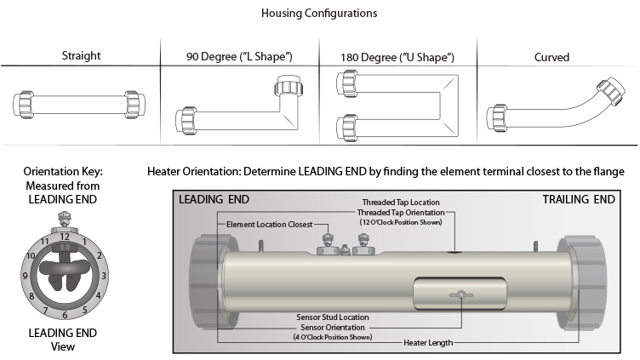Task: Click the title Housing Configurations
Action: click(320, 14)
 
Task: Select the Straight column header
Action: click(81, 57)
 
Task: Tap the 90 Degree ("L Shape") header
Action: click(239, 57)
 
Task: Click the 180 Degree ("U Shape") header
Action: click(398, 57)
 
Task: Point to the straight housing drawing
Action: click(80, 106)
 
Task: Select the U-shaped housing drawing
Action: click(398, 106)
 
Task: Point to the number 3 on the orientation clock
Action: click(104, 276)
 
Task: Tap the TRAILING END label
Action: click(579, 200)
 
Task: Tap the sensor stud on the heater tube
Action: click(460, 294)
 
